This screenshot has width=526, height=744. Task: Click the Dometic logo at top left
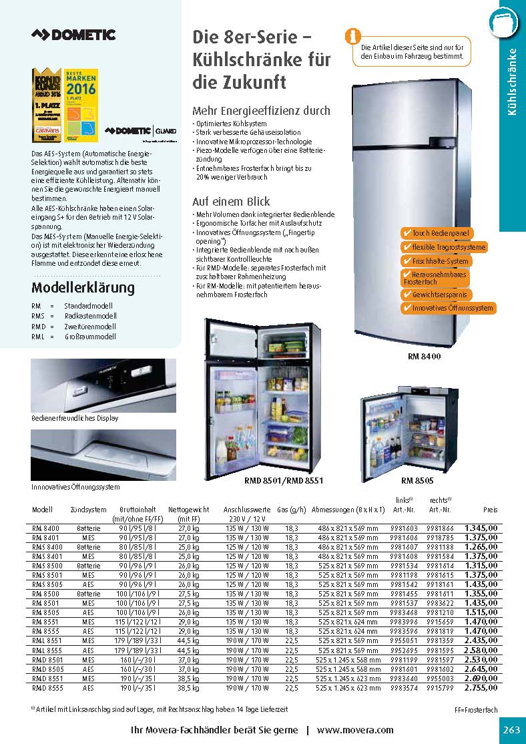click(x=74, y=35)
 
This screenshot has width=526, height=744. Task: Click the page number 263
click(x=511, y=730)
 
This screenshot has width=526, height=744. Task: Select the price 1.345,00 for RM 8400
click(x=481, y=528)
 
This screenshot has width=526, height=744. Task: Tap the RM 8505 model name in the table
click(x=45, y=612)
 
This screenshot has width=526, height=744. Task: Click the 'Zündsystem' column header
click(x=88, y=510)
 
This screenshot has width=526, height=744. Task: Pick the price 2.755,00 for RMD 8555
click(x=481, y=687)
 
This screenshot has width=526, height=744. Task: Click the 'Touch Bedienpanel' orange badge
click(x=436, y=233)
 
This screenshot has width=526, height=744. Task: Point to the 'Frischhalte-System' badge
click(x=435, y=261)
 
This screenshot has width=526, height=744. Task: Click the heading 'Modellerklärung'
click(x=83, y=289)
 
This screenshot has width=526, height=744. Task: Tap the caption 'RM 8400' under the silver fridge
click(x=424, y=357)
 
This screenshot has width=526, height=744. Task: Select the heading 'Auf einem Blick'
click(x=231, y=201)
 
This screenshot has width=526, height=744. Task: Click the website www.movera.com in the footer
click(x=355, y=730)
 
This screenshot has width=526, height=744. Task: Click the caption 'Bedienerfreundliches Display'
click(x=75, y=418)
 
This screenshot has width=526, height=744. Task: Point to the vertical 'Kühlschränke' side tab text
click(x=513, y=81)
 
